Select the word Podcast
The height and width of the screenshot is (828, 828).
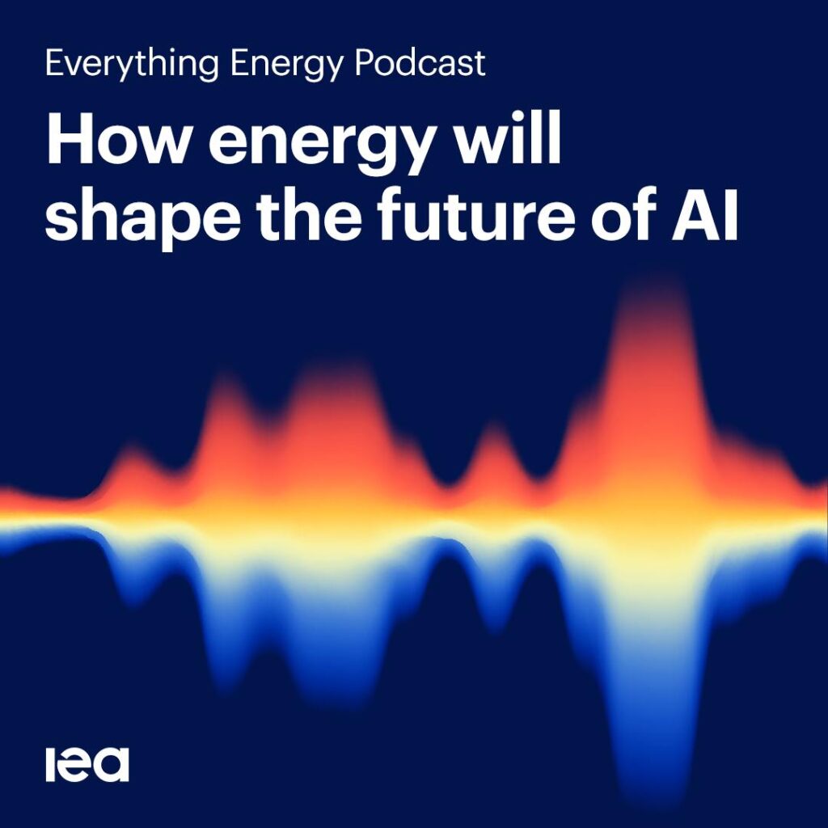pos(420,63)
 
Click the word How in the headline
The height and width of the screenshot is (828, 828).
pos(117,139)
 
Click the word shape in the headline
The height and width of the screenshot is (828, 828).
pos(143,218)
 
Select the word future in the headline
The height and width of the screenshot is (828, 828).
pos(476,214)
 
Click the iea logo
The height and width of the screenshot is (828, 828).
pos(87,764)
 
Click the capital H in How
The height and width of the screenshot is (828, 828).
pos(69,139)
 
